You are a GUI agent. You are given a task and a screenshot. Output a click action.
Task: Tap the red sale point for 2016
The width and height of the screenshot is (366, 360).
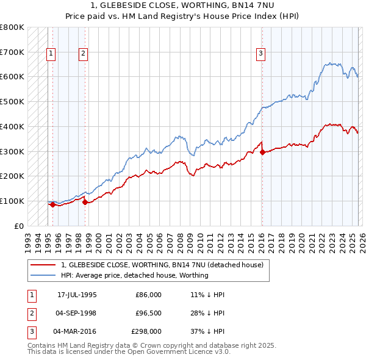(262, 152)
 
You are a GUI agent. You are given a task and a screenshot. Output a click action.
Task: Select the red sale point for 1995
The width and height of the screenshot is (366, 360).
(52, 204)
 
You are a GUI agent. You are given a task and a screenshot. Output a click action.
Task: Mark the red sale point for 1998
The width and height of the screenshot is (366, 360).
(85, 202)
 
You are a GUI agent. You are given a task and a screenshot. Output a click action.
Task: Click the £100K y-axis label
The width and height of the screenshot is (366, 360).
(12, 201)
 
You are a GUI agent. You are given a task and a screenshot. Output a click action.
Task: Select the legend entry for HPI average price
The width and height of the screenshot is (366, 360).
(135, 275)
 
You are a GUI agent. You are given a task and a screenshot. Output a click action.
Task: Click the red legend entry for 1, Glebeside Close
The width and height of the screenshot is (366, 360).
(162, 265)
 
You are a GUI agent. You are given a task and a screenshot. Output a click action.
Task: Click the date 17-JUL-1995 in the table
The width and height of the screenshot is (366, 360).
(77, 295)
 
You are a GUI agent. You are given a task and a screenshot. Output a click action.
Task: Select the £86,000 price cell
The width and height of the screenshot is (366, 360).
(148, 295)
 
